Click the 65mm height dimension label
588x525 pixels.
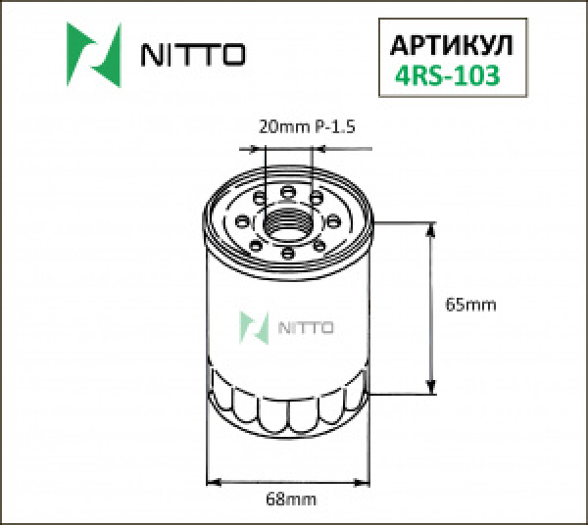(470, 305)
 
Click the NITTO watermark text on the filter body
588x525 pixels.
(308, 327)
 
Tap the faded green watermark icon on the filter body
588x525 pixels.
(256, 326)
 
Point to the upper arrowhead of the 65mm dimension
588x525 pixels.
(429, 230)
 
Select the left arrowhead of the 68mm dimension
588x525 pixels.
(214, 481)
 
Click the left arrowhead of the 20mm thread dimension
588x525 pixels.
(260, 150)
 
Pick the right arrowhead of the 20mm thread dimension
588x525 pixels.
(318, 150)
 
